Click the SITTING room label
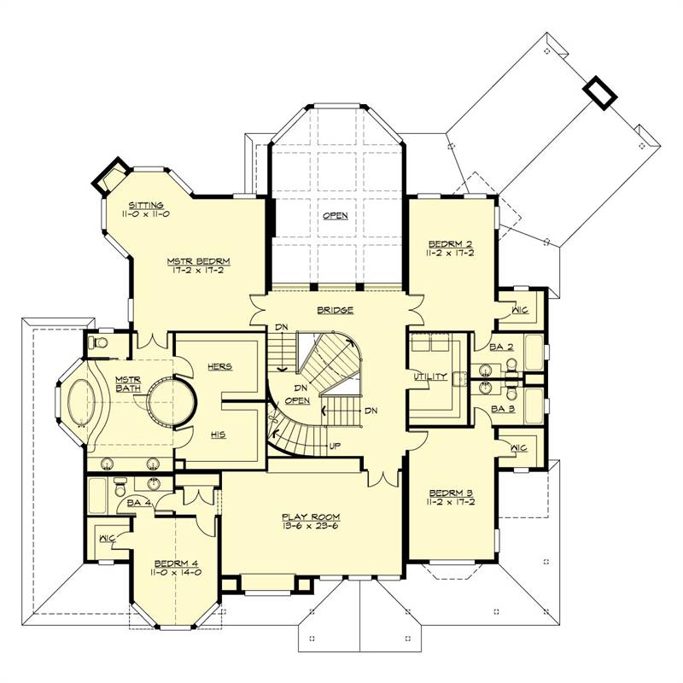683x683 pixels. point(146,205)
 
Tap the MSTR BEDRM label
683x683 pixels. point(199,261)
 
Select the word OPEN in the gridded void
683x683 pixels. point(336,216)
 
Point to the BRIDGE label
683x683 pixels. point(335,310)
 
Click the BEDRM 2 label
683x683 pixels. point(451,244)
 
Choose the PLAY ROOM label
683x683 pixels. point(311,517)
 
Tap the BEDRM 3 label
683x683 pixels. point(452,493)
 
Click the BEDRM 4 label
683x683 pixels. point(177,563)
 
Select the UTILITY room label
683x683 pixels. point(430,377)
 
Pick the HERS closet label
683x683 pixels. point(220,367)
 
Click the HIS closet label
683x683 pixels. point(219,435)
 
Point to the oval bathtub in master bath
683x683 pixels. point(81,402)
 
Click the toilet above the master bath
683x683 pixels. point(98,343)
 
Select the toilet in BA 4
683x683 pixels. point(120,487)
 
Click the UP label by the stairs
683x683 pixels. point(335,446)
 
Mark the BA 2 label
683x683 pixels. point(501,347)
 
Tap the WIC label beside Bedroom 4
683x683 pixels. point(108,539)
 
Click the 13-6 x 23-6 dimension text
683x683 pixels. point(311,526)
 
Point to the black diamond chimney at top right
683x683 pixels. point(600,93)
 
